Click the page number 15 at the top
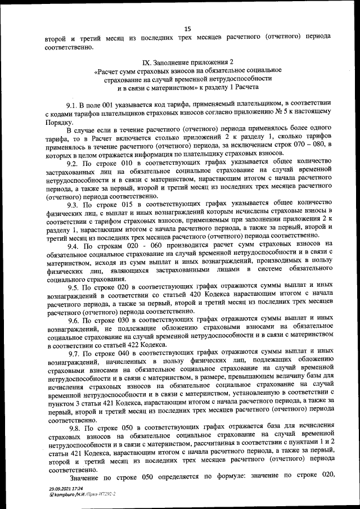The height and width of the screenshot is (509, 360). tap(188, 28)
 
